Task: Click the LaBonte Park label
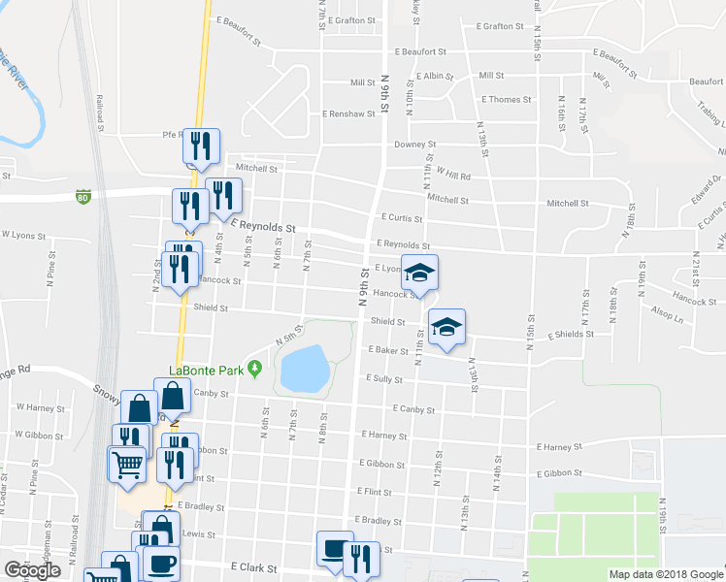pos(205,370)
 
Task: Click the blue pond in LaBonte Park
pos(304,367)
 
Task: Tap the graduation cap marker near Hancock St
pos(420,273)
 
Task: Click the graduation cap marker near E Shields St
pos(446,327)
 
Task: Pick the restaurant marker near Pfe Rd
pos(200,146)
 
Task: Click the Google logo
pos(32,570)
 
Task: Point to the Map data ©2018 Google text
pos(666,574)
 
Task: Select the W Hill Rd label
pos(453,177)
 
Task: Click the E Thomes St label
pos(507,99)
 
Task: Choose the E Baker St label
pos(386,350)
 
